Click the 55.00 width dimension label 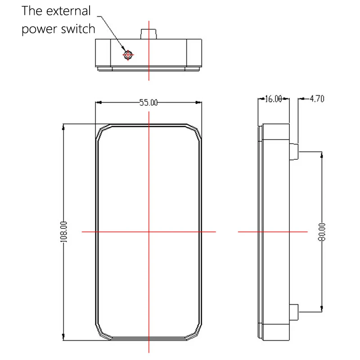(148, 103)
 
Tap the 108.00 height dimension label (63, 232)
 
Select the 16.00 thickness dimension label (273, 99)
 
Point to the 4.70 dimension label (317, 99)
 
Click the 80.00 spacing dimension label (322, 232)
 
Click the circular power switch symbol (128, 55)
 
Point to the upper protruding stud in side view (294, 152)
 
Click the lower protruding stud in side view (294, 312)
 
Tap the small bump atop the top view (148, 34)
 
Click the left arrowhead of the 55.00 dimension (99, 103)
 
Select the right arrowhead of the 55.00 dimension (198, 103)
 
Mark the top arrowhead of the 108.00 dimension (63, 127)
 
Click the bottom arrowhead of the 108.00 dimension (63, 337)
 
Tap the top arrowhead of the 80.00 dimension (322, 155)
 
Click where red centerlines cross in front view (149, 232)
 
